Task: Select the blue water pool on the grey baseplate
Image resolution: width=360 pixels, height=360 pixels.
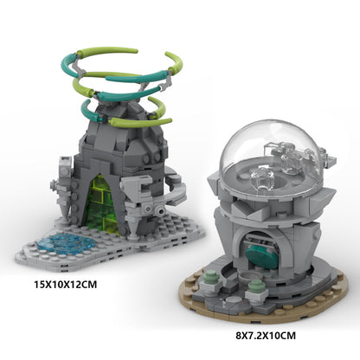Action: (x=65, y=244)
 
